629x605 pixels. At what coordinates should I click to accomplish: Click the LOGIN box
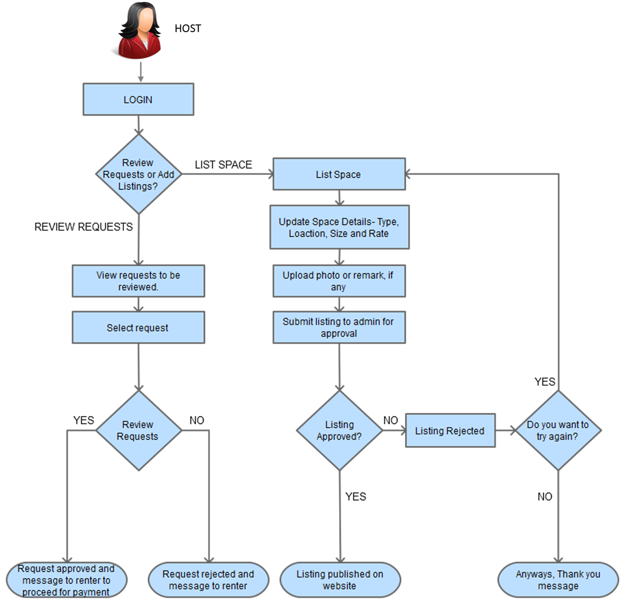point(138,99)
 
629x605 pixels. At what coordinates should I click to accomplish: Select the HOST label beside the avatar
point(188,28)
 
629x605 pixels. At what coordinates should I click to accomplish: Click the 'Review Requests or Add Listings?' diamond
point(139,174)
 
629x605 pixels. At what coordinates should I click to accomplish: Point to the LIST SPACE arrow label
point(223,165)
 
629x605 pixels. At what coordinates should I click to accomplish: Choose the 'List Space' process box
point(339,174)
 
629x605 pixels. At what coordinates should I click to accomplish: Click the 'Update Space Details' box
point(339,228)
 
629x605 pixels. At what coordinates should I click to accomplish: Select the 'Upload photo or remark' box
point(339,281)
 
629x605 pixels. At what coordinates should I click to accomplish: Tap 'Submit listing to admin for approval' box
point(339,327)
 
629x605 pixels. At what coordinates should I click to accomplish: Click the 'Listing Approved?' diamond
point(339,431)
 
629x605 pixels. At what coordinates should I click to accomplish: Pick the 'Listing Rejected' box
point(450,431)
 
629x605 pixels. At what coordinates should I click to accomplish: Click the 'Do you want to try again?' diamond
point(558,431)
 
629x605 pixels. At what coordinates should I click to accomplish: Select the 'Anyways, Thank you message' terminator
point(558,580)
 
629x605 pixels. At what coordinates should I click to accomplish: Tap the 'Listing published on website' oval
point(340,580)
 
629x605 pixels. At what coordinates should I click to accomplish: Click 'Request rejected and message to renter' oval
point(209,580)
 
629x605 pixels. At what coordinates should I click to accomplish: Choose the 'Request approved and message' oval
point(67,580)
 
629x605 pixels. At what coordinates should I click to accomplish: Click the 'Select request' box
point(138,327)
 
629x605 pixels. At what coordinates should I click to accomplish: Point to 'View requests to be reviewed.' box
point(138,281)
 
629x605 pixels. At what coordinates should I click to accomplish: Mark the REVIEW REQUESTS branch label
point(83,227)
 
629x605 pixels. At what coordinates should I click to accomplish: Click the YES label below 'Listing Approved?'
point(356,497)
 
